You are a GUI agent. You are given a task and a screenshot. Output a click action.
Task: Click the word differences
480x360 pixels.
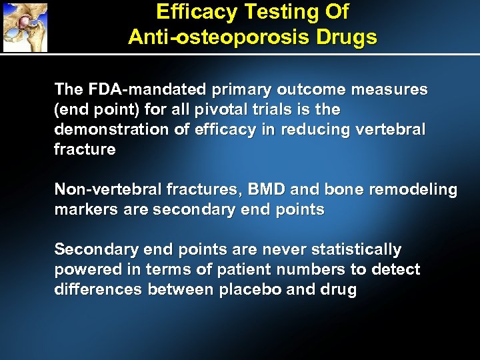click(99, 290)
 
